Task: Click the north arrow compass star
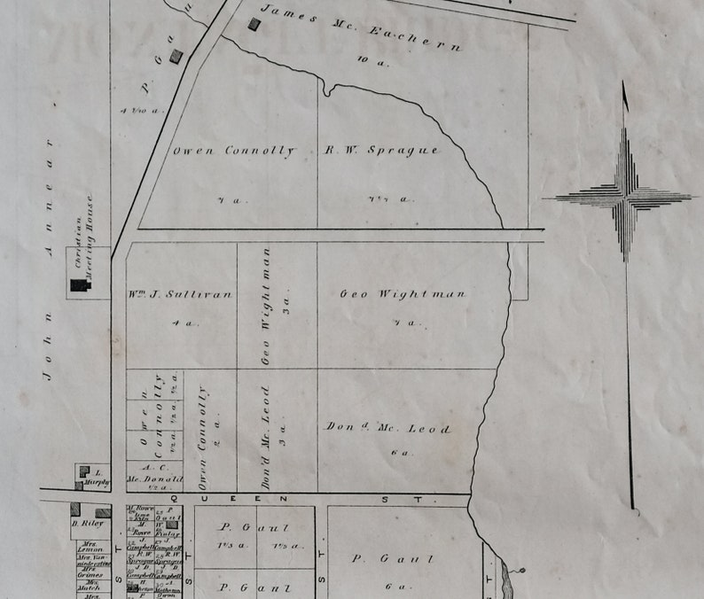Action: [x=625, y=196]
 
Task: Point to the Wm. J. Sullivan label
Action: [x=181, y=293]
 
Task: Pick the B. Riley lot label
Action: [x=88, y=523]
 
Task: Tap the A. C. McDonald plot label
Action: [x=155, y=475]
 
